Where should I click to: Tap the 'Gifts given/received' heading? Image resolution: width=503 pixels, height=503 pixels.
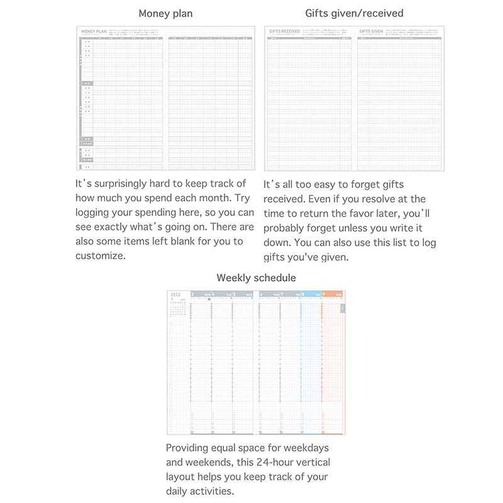[354, 13]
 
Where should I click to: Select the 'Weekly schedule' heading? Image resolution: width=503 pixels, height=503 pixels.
[256, 277]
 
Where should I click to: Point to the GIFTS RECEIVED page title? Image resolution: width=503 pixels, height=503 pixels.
[284, 31]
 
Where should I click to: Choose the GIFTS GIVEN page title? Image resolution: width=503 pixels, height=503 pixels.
[370, 31]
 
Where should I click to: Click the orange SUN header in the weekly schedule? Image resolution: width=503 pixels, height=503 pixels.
[333, 294]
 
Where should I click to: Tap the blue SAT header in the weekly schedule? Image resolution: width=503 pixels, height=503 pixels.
[311, 294]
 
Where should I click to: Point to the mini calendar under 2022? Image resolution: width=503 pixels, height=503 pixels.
[179, 309]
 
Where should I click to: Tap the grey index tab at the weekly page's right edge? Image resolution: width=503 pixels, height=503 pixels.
[343, 308]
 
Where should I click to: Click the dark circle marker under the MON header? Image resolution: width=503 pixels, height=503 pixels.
[209, 299]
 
